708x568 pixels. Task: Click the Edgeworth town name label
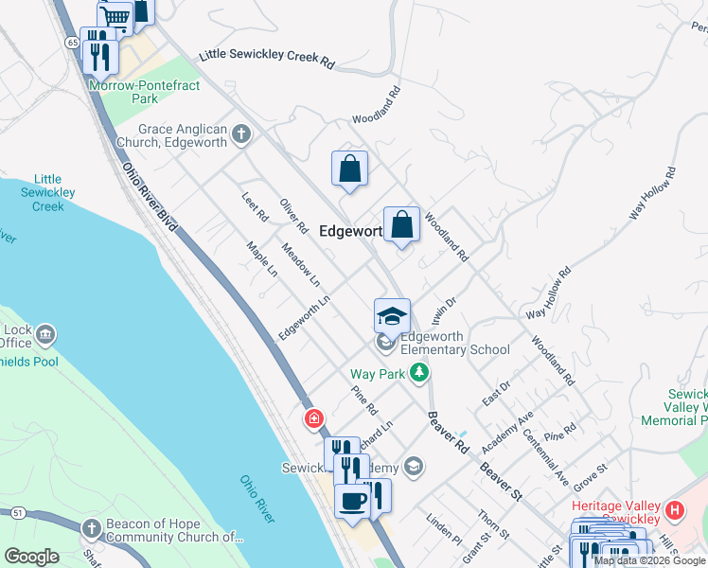click(350, 230)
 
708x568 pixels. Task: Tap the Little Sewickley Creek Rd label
click(267, 59)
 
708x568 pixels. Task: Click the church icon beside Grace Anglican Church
click(241, 133)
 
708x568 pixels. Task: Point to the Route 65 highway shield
click(72, 43)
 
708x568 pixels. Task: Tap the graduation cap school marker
click(392, 315)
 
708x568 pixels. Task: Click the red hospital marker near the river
click(313, 417)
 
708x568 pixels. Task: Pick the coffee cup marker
click(352, 501)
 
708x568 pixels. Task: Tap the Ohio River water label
click(257, 499)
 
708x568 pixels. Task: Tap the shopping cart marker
click(115, 17)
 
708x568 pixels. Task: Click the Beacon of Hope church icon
click(92, 527)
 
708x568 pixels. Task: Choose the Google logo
click(32, 557)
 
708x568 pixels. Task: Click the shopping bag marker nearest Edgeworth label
click(401, 225)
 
